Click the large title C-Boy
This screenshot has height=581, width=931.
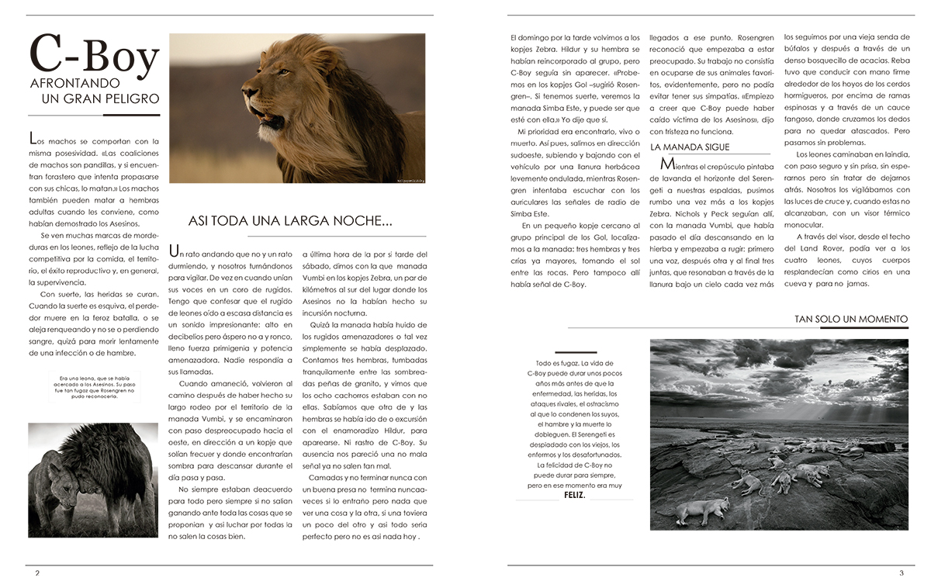[93, 56]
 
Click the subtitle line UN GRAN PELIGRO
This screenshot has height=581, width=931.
[100, 99]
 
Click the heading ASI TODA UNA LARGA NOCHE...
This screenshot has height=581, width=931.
[290, 221]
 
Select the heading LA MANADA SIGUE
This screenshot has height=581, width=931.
[690, 147]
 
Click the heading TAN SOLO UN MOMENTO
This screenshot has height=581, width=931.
[850, 319]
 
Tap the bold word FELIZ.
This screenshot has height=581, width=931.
[575, 494]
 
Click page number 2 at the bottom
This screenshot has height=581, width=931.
[36, 573]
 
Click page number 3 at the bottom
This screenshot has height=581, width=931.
[901, 573]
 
